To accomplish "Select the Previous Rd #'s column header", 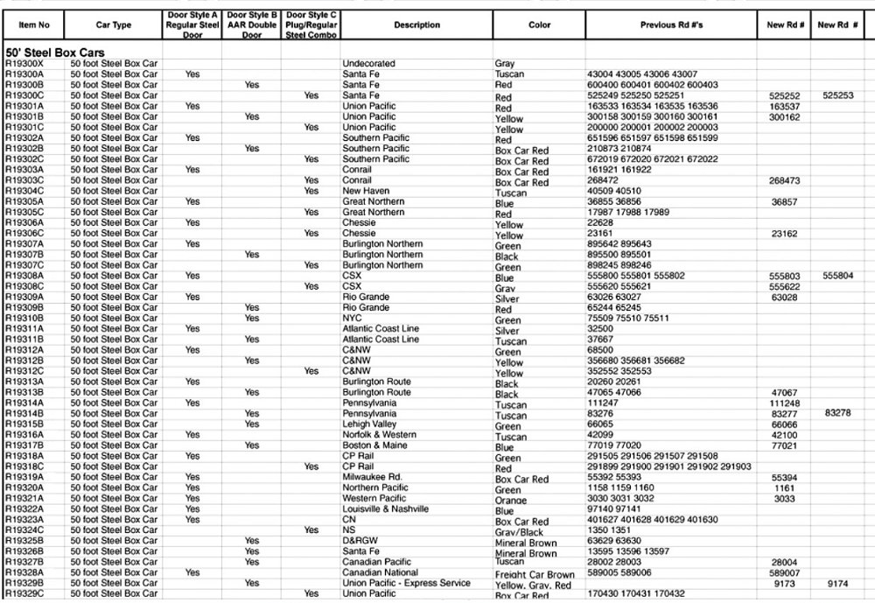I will pyautogui.click(x=670, y=25).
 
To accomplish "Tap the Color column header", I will pyautogui.click(x=540, y=25).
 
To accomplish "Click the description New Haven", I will pyautogui.click(x=367, y=191).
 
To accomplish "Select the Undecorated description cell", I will pyautogui.click(x=368, y=64).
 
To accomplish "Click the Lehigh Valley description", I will pyautogui.click(x=372, y=424).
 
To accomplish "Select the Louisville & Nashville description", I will pyautogui.click(x=385, y=508).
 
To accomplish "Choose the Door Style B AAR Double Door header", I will pyautogui.click(x=252, y=25).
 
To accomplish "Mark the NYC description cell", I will pyautogui.click(x=352, y=318).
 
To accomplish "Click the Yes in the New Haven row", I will pyautogui.click(x=311, y=191).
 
